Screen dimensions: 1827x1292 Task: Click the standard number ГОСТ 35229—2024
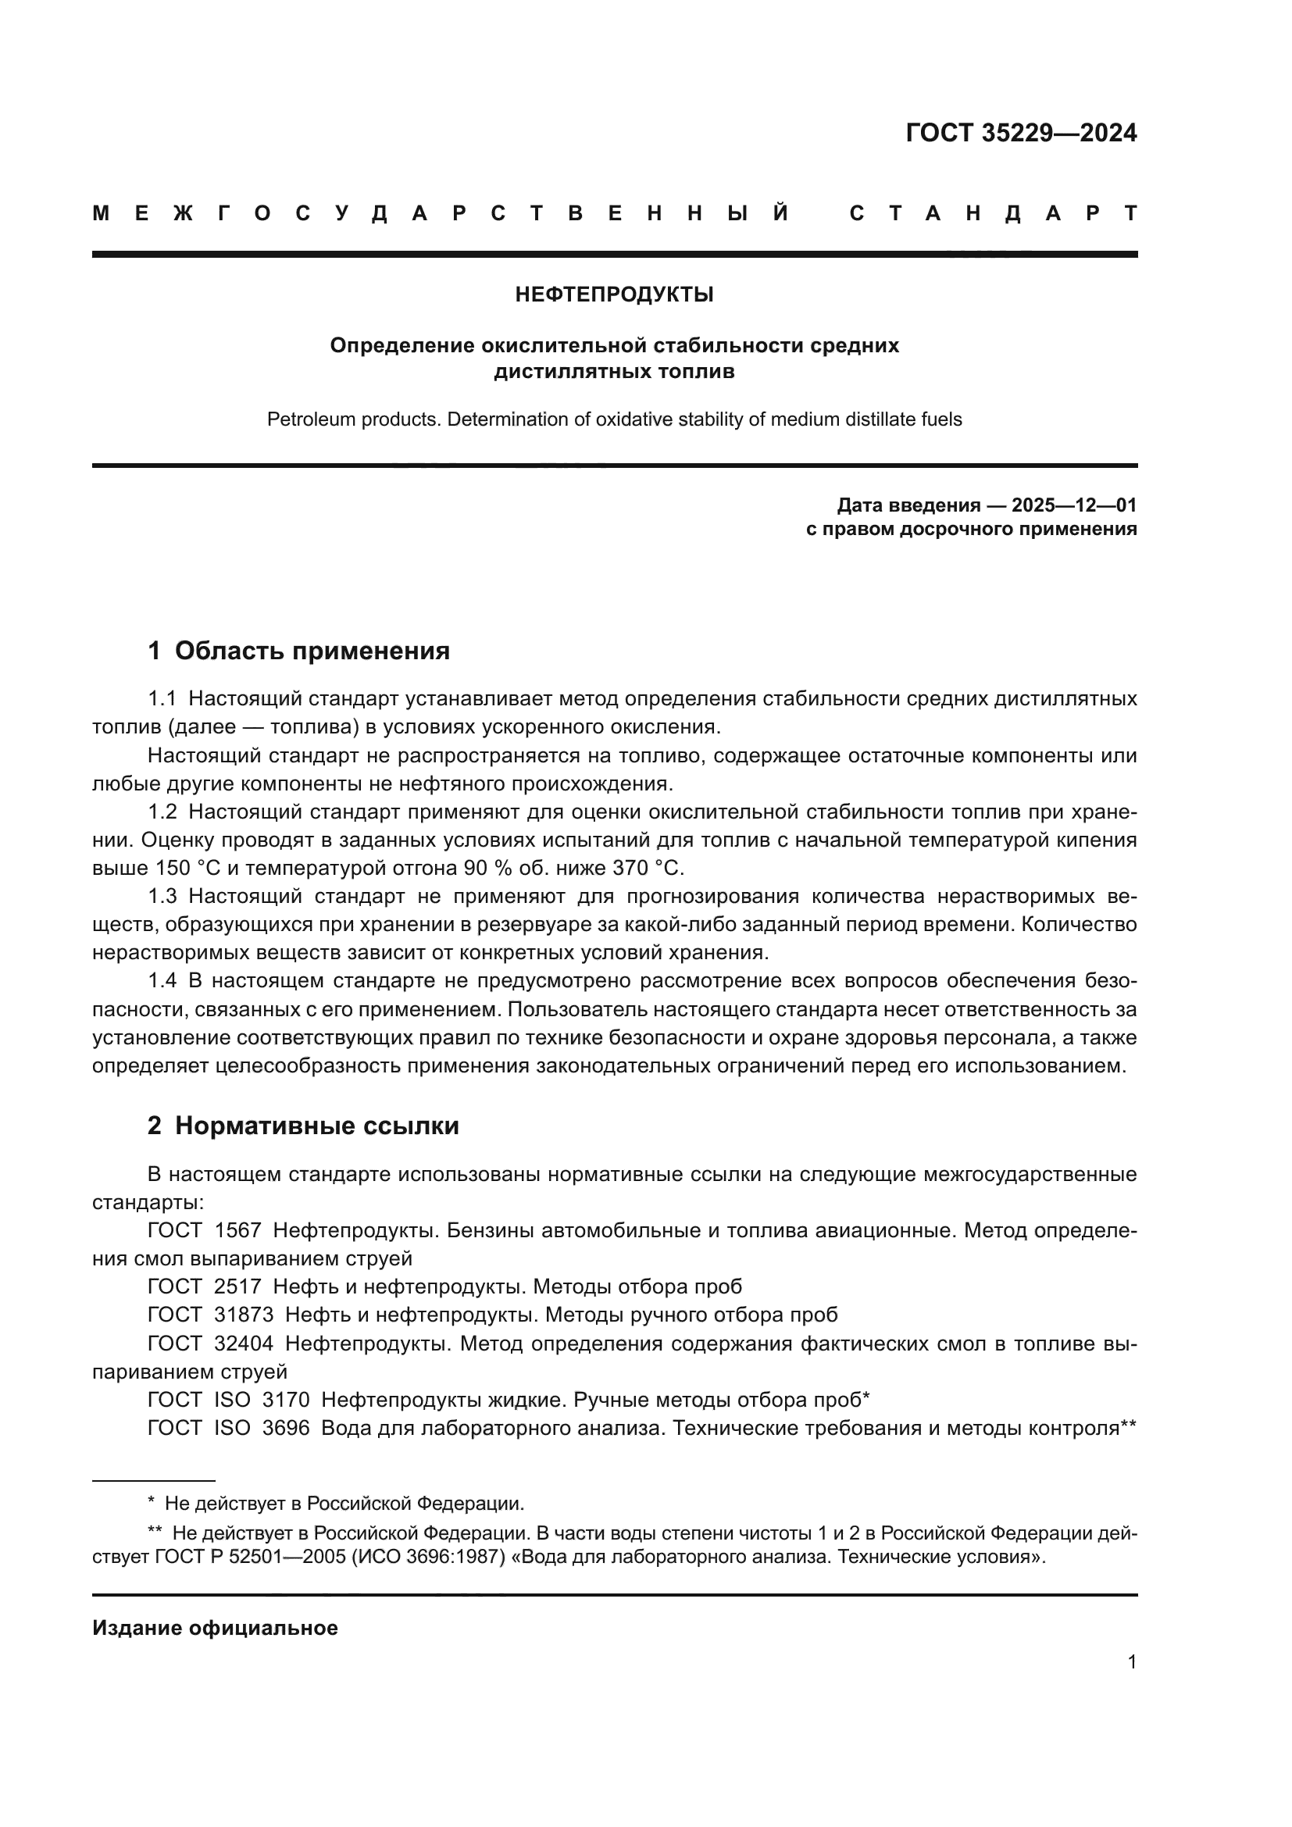[x=1021, y=133]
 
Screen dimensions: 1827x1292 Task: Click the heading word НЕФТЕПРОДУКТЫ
[x=614, y=295]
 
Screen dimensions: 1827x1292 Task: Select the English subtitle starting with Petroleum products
[x=614, y=419]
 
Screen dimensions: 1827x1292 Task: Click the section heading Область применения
[x=312, y=651]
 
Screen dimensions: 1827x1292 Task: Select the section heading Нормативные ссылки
[x=316, y=1126]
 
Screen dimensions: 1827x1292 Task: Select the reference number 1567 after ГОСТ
[x=238, y=1230]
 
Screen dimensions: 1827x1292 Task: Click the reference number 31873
[x=244, y=1315]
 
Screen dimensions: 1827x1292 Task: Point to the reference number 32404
[x=244, y=1343]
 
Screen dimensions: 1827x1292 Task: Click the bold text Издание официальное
[x=215, y=1628]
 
